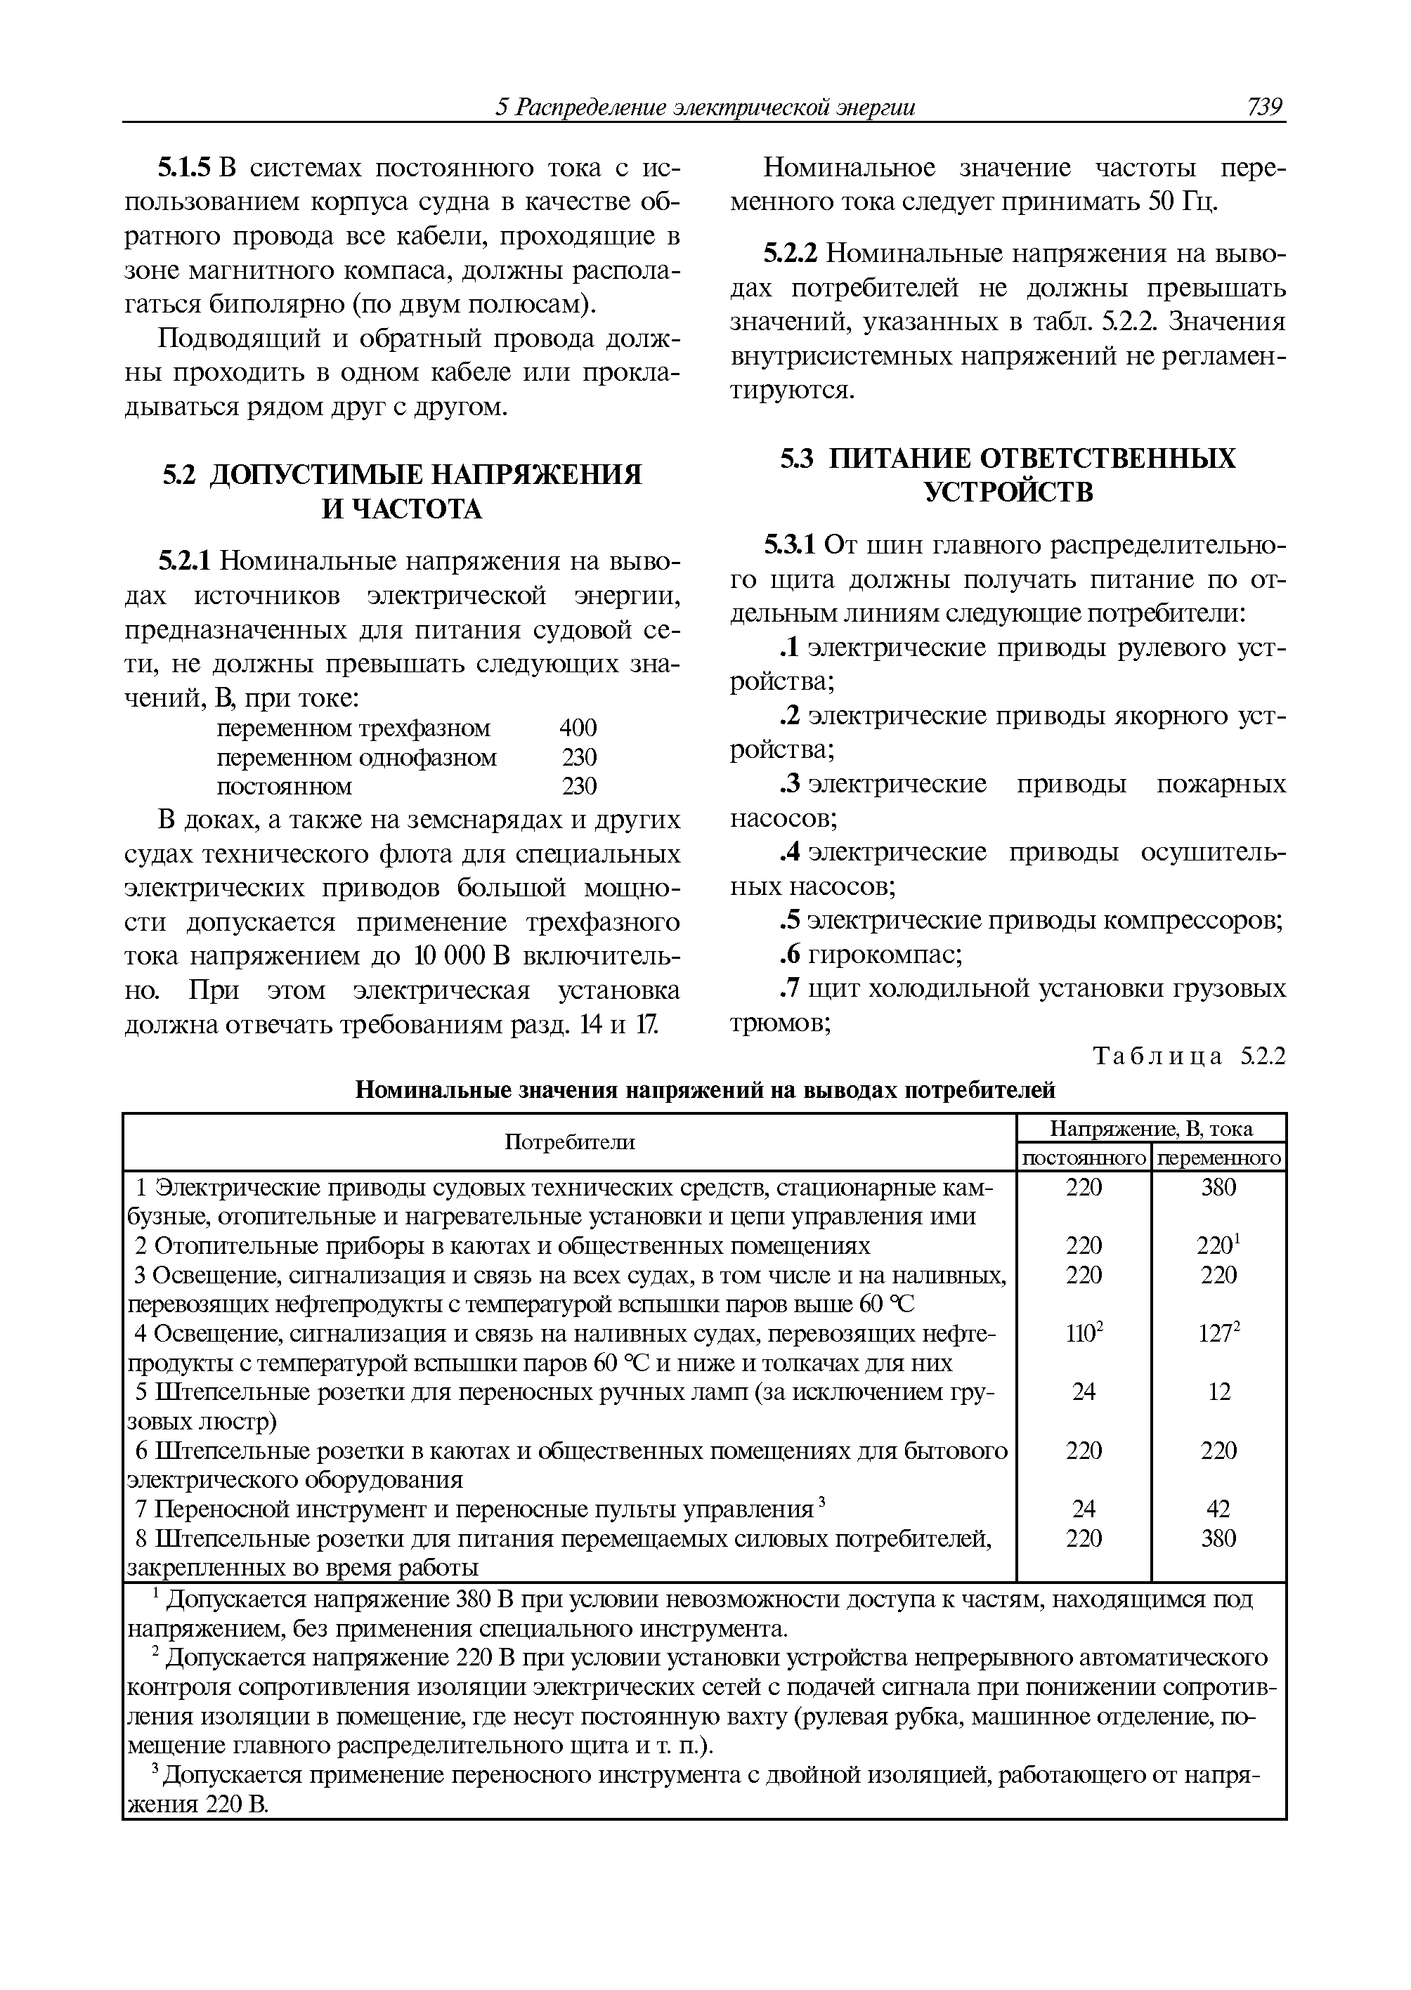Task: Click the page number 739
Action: coord(1264,107)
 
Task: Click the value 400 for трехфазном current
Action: coord(578,727)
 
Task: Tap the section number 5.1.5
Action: coord(185,168)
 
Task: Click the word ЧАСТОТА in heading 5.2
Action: coord(401,509)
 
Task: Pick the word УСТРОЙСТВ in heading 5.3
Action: coord(1008,492)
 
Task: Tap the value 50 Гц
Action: coord(1183,202)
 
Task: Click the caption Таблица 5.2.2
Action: coord(1188,1056)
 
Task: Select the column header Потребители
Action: coord(570,1142)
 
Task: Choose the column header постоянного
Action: coord(1084,1158)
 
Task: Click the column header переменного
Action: coord(1219,1158)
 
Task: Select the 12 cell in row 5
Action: coord(1219,1392)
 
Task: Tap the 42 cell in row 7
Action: coord(1218,1509)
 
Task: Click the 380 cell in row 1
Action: coord(1218,1187)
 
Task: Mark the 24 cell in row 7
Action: coord(1084,1509)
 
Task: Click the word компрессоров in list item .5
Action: coord(1194,921)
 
